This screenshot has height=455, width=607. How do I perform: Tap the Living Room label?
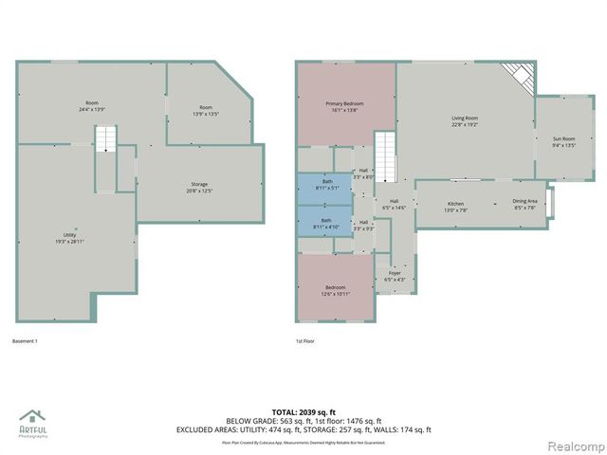coord(464,120)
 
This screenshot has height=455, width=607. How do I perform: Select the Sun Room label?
coord(564,141)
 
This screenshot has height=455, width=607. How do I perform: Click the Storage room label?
coord(198,187)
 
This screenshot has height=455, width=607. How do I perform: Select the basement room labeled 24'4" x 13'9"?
coord(92,106)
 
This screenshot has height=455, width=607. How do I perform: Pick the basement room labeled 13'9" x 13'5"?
coord(206,110)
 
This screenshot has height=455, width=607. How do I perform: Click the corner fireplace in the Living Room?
coord(519,75)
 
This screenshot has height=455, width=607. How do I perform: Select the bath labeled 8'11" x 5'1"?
coord(326,185)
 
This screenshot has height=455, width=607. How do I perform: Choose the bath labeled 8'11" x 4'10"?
coord(326,222)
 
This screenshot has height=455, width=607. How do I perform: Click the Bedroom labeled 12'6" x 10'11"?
coord(336,290)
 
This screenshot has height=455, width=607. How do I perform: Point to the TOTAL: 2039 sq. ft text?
coord(303,411)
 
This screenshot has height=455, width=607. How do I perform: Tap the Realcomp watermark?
coord(573,445)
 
